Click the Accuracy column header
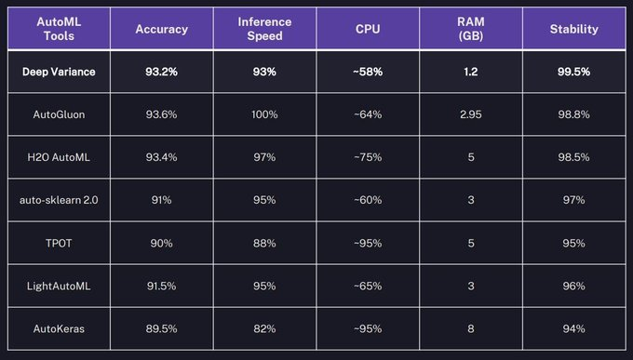pos(161,29)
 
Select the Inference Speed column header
pos(264,29)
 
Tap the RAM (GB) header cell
pos(471,29)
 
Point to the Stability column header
pos(573,29)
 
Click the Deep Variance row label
pos(59,72)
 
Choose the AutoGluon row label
pos(59,114)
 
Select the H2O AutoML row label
pos(59,157)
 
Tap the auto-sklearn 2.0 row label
pos(59,200)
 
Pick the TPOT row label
pos(59,244)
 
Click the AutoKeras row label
pos(59,329)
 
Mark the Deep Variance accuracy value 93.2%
pos(161,72)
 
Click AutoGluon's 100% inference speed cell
pos(264,114)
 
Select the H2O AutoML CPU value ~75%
pos(368,157)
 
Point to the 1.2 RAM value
pos(471,72)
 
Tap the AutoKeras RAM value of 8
pos(471,329)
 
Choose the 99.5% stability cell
pos(573,72)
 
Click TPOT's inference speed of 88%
pos(264,244)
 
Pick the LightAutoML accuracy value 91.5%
pos(161,287)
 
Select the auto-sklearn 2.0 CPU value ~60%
pos(368,200)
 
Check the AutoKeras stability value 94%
pos(573,329)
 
